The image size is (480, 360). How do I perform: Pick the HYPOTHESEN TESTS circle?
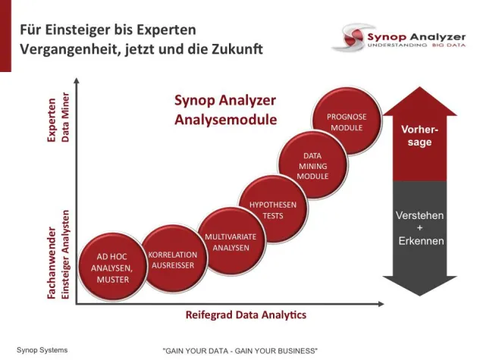tap(273, 209)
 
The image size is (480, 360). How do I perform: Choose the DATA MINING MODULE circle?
tap(312, 167)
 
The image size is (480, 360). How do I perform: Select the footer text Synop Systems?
tap(42, 349)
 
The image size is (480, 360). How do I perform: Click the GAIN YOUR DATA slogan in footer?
tap(240, 351)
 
